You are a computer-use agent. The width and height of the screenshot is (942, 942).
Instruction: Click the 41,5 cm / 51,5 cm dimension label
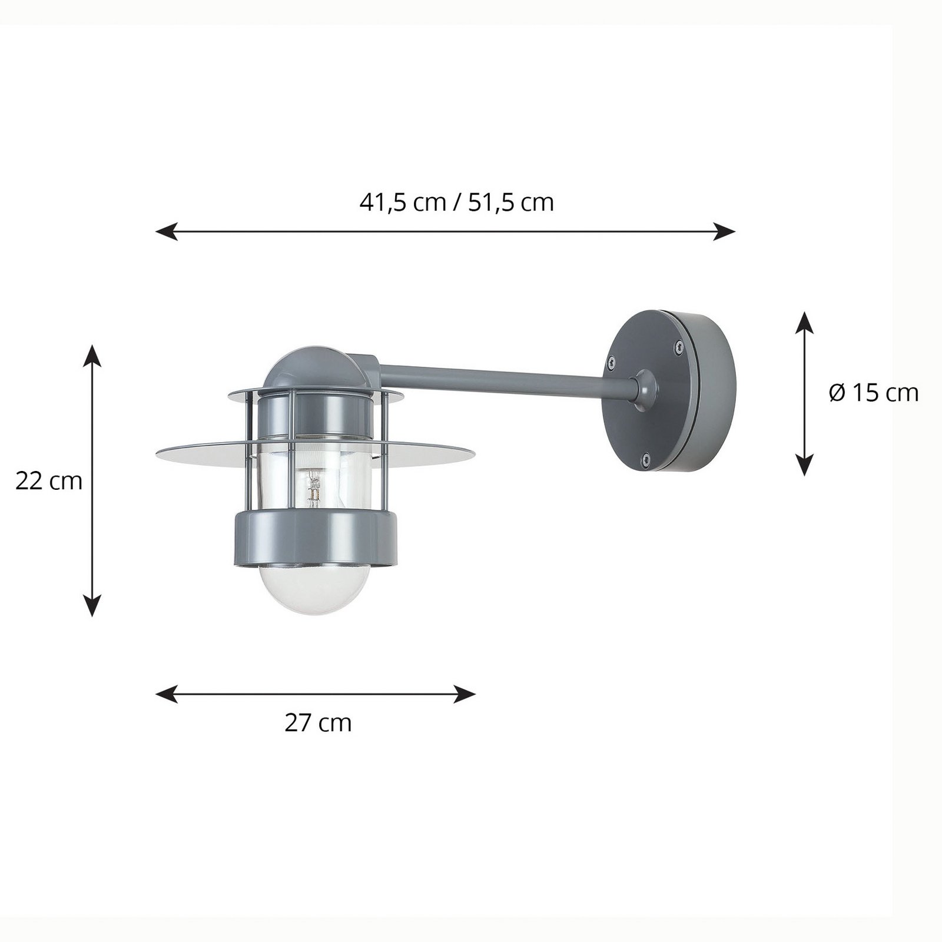coord(456,203)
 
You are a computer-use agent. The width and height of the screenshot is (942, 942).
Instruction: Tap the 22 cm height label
coord(49,482)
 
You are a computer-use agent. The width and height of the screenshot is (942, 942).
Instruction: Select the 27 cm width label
coord(318,723)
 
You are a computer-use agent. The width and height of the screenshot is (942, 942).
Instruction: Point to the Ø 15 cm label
coord(874,393)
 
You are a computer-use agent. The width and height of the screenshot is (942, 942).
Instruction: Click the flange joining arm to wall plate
coord(642,389)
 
